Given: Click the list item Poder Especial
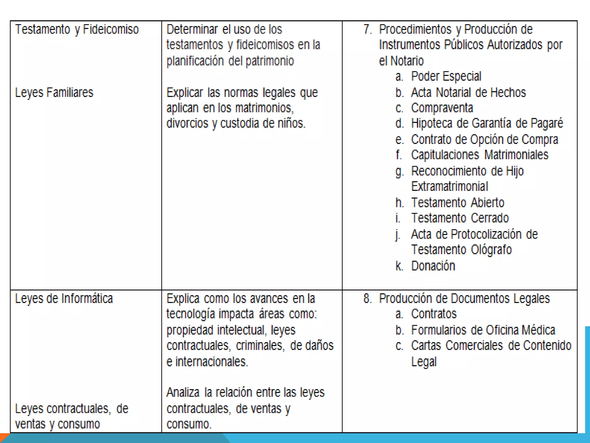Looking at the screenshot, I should [446, 76].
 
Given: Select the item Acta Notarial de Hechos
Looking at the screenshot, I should [468, 93].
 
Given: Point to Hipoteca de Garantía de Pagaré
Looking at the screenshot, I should [487, 123].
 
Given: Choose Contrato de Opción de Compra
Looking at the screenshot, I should [484, 140].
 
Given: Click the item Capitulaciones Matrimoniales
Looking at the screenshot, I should [479, 155].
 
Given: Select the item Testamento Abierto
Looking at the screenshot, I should [457, 203].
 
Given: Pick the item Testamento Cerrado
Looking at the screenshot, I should [460, 218].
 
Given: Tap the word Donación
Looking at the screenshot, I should [433, 266].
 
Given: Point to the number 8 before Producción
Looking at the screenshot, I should [367, 299].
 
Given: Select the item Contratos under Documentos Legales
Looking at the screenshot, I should [434, 314].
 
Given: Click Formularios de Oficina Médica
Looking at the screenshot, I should [483, 330].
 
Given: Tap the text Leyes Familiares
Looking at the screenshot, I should [54, 93].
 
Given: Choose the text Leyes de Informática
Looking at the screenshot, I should [64, 299].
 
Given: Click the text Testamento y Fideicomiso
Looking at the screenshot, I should [77, 29].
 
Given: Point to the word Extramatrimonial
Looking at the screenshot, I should [449, 187].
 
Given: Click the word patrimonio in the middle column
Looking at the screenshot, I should [270, 61].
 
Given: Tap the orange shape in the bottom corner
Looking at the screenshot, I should [4, 438].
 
